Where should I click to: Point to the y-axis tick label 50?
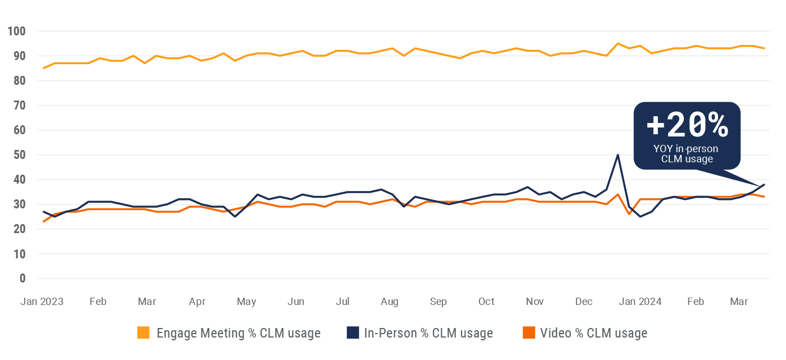[20, 154]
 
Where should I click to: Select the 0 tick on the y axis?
[23, 279]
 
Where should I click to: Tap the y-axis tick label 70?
[20, 105]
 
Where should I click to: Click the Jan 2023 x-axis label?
[42, 302]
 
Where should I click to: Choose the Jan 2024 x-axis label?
[641, 302]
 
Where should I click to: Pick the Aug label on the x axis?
[389, 302]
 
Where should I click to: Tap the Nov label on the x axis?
[535, 302]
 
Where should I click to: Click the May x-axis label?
[246, 302]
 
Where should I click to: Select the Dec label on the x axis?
[584, 302]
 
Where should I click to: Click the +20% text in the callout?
[687, 126]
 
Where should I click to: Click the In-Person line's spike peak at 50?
[618, 155]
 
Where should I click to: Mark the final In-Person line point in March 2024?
[764, 185]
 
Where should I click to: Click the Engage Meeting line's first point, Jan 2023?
[44, 68]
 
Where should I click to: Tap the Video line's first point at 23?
[44, 221]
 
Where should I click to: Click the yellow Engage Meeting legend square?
[144, 333]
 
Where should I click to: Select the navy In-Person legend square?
[353, 333]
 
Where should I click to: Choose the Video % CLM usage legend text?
[593, 333]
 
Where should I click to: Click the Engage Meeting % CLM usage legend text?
[239, 333]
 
